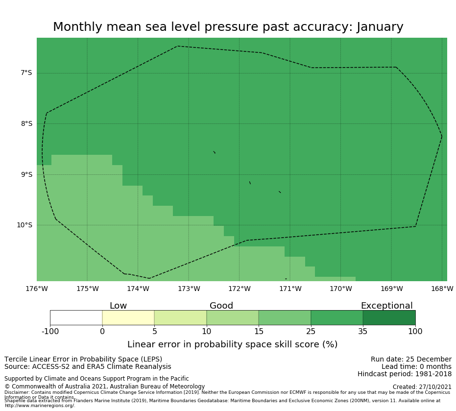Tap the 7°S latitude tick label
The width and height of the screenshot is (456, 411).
pos(26,73)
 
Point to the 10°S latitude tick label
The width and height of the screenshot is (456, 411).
pos(24,225)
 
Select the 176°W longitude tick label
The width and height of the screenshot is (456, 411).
pos(37,289)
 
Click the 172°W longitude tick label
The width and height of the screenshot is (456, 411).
pos(240,289)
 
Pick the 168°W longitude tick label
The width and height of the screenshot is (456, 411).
pos(442,289)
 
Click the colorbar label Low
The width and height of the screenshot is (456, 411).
pos(118,306)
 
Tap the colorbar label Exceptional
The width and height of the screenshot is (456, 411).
pos(386,306)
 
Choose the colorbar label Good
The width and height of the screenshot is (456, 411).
pos(221,306)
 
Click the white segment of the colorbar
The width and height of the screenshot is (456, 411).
pos(76,317)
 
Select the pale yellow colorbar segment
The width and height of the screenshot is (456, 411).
pos(128,317)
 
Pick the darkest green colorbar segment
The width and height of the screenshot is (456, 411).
pos(389,317)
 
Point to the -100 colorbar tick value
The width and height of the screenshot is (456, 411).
pos(50,332)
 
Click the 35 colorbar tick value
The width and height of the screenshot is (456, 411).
pos(363,332)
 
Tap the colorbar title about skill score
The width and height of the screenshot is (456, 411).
pos(232,344)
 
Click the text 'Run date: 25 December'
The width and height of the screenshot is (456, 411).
pos(411,360)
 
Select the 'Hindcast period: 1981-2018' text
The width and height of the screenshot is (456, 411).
pos(405,374)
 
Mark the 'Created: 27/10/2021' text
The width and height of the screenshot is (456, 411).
pos(422,387)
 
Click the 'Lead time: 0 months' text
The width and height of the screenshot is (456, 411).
pos(416,367)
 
